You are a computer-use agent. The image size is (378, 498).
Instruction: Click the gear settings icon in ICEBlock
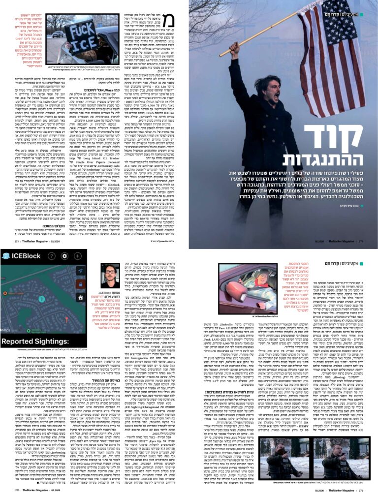click(x=64, y=255)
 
